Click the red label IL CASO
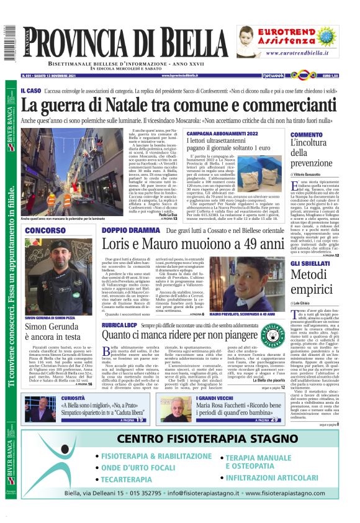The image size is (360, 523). click(31, 91)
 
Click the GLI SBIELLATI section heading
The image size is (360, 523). click(312, 264)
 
